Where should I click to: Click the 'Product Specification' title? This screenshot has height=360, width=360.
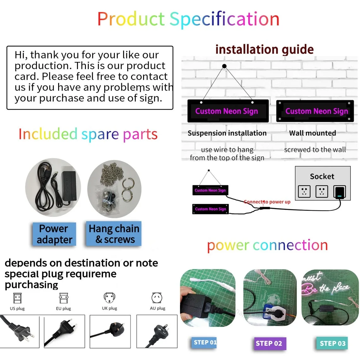tap(188, 19)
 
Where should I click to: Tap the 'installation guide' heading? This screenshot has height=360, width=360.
tap(265, 49)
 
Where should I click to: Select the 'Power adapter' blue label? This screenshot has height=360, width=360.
tap(54, 234)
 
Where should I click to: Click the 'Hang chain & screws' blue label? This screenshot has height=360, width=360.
tap(114, 234)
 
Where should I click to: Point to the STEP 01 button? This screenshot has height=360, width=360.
tap(205, 342)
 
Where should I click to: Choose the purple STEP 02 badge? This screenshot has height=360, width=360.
tap(269, 344)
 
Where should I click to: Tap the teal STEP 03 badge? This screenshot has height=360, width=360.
tap(333, 344)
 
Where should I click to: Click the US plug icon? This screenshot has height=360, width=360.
tap(17, 298)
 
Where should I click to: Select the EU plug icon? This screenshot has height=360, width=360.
tap(63, 298)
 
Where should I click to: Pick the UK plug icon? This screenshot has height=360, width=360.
tap(110, 298)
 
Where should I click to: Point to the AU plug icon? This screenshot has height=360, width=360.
tap(157, 298)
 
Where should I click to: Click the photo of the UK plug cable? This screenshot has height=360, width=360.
tap(110, 331)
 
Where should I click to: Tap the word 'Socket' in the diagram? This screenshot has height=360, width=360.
tap(322, 176)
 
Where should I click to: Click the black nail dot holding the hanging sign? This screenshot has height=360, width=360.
tap(224, 66)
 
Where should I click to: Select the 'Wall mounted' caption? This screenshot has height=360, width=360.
tap(312, 133)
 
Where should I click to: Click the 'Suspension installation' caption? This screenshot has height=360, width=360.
tap(227, 133)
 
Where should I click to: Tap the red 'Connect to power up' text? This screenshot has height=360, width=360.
tap(267, 202)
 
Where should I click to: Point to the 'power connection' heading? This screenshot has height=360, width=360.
tap(267, 245)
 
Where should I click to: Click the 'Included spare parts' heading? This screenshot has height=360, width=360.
tap(88, 134)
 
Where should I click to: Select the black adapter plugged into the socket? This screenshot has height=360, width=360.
tap(339, 192)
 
